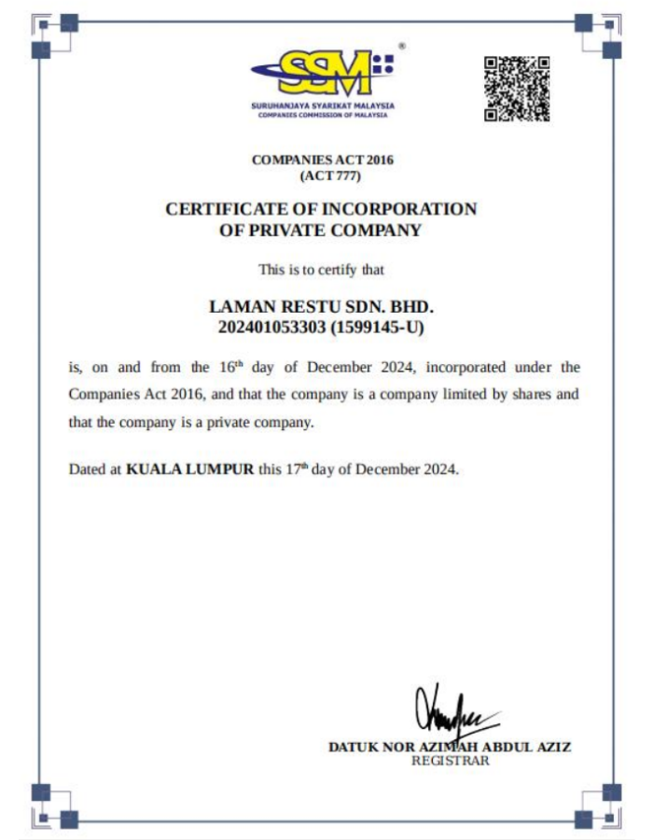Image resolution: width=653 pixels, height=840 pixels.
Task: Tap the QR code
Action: pyautogui.click(x=516, y=89)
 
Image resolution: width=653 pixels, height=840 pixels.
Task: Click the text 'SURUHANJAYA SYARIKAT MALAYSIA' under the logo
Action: pyautogui.click(x=323, y=105)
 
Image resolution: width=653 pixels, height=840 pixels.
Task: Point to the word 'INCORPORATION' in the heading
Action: pyautogui.click(x=399, y=209)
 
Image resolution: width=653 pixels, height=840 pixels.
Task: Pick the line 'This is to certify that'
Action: pyautogui.click(x=322, y=270)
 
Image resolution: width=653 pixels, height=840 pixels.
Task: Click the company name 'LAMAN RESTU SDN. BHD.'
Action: pyautogui.click(x=322, y=307)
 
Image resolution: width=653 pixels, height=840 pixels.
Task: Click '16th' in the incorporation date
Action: pyautogui.click(x=233, y=367)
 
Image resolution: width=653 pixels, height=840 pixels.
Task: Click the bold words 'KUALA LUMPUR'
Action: pyautogui.click(x=190, y=469)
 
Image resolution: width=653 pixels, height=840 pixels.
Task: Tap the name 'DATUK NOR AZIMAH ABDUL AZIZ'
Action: pyautogui.click(x=450, y=748)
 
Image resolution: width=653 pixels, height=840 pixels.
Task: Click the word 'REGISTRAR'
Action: pyautogui.click(x=450, y=761)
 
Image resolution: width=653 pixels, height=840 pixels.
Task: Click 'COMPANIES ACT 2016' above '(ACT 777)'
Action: pyautogui.click(x=323, y=160)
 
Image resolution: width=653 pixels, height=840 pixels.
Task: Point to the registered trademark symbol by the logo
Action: pyautogui.click(x=402, y=45)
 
